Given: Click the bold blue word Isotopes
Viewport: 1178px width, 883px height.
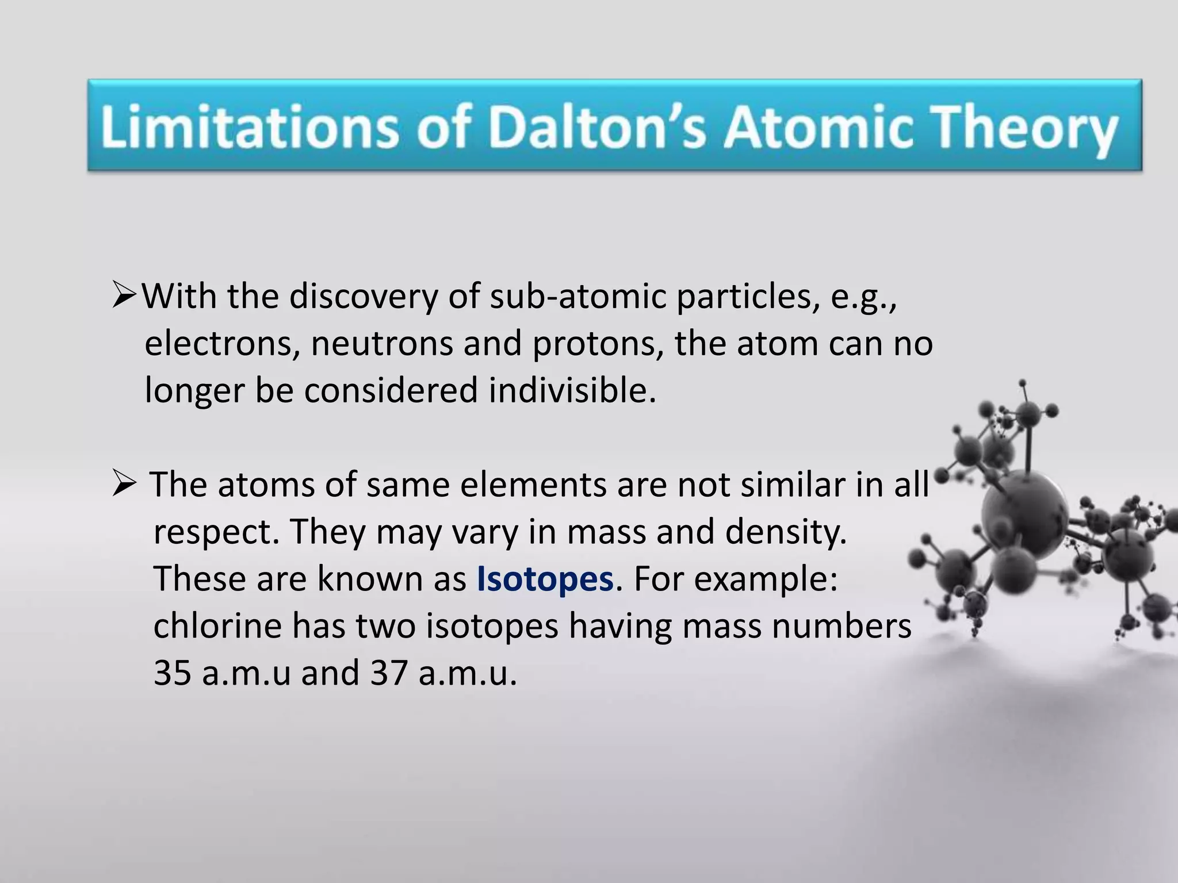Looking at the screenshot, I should click(x=545, y=579).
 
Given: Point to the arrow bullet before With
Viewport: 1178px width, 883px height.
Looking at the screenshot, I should click(x=123, y=295).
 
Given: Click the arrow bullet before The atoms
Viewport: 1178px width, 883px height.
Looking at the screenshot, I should click(x=124, y=484).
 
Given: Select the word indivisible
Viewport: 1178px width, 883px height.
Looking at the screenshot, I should click(x=572, y=390).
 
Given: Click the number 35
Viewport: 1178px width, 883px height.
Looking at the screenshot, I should click(x=173, y=673).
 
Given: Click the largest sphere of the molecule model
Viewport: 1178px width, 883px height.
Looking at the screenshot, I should click(x=1023, y=509).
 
